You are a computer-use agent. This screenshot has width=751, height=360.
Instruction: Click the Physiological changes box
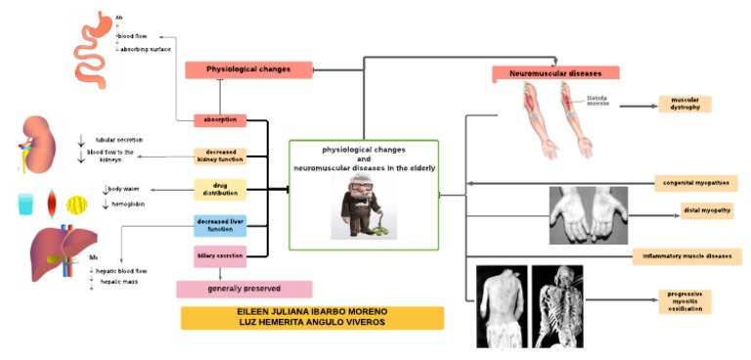tap(250, 69)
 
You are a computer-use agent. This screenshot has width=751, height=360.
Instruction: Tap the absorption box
tap(220, 120)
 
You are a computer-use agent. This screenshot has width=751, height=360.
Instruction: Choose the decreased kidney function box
tap(220, 157)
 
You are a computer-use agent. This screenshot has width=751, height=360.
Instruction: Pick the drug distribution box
tap(220, 189)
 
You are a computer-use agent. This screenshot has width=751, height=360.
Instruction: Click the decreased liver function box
tap(220, 226)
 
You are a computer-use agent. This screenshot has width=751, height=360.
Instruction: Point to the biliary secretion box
tap(220, 256)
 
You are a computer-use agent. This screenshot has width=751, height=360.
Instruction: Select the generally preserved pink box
tap(244, 290)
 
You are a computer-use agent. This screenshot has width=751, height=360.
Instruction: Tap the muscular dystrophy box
tap(685, 105)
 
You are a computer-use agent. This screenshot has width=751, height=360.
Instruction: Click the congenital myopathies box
tap(694, 183)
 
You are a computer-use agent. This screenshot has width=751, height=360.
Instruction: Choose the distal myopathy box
tap(707, 210)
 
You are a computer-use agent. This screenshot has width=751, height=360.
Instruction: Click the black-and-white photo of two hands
tap(589, 214)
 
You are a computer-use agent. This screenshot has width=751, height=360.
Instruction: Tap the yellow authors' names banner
tap(312, 318)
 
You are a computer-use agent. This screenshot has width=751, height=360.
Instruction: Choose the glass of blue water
tap(25, 204)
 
